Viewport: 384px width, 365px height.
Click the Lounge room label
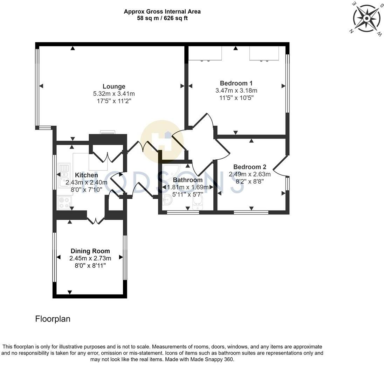[114, 86]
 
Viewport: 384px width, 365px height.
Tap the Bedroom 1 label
[236, 83]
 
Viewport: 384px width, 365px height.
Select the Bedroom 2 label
[249, 167]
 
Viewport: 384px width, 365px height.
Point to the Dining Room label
[90, 251]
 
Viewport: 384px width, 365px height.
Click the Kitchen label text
[87, 175]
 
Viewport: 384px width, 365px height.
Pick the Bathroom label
[187, 180]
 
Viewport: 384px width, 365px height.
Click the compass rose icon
[366, 18]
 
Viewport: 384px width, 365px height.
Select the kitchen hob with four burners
[64, 203]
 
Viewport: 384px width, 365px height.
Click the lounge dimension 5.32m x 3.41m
[114, 94]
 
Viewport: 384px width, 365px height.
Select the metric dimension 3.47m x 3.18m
[236, 91]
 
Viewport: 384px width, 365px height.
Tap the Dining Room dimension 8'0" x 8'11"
[90, 266]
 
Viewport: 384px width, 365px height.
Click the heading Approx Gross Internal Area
[162, 12]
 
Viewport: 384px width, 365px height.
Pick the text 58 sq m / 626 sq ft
[162, 18]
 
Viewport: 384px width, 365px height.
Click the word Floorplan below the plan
[53, 319]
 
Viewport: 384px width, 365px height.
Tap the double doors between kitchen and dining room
[96, 220]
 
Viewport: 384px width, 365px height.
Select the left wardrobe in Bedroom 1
[205, 53]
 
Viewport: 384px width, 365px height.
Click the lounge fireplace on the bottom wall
[107, 133]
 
